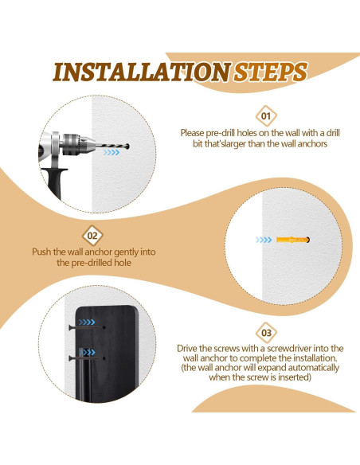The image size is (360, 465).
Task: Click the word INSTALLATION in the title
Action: tap(142, 72)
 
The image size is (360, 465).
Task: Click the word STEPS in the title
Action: tap(271, 72)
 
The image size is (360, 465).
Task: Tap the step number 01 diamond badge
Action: tap(266, 116)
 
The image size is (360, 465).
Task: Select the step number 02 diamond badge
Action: tap(92, 236)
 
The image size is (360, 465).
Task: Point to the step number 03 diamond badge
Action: tap(266, 333)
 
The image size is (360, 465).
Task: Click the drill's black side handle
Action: tap(55, 182)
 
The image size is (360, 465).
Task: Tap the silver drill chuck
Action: tap(78, 144)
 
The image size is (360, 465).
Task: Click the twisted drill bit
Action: tap(112, 146)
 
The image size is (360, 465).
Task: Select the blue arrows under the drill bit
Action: tap(112, 152)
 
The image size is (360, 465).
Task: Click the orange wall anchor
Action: tap(292, 240)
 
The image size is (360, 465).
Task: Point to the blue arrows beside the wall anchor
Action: tap(264, 240)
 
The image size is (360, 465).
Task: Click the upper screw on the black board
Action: tap(87, 327)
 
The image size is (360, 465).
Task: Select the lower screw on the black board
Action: tap(87, 358)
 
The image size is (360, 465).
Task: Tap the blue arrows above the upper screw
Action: tap(87, 322)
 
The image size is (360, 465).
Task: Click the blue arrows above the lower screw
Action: tap(87, 352)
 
